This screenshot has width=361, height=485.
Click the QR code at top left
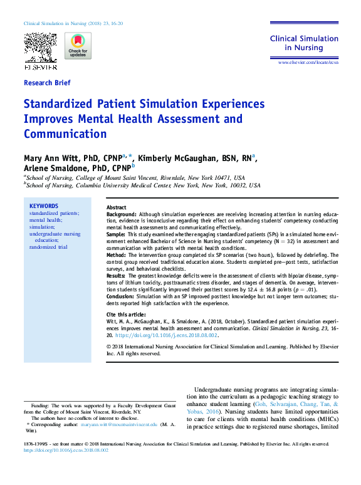[x=39, y=46]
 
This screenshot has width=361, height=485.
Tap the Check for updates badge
[x=77, y=46]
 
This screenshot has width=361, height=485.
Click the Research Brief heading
[x=47, y=83]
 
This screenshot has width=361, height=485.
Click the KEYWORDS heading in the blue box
[x=44, y=206]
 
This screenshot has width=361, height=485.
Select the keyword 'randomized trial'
[x=48, y=247]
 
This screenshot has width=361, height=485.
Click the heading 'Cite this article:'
[x=128, y=313]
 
